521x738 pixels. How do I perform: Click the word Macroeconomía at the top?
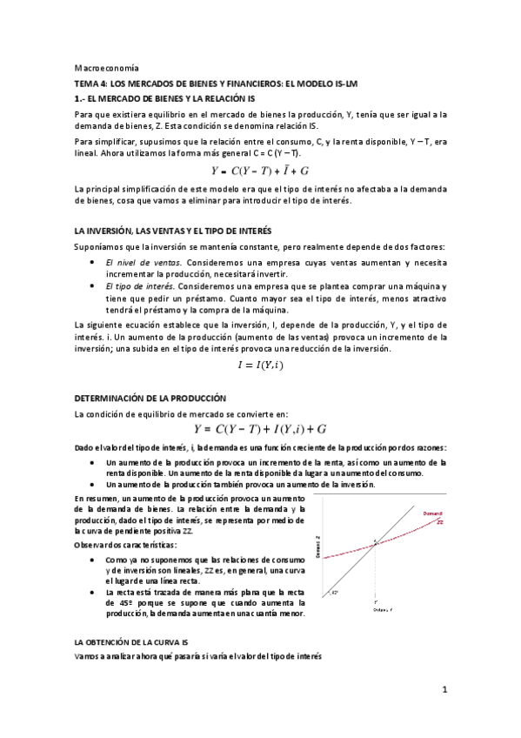tap(100, 67)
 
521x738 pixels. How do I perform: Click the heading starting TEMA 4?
tap(216, 84)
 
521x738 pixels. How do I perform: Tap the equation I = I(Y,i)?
tap(260, 366)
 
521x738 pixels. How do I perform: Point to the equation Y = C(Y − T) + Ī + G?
tap(260, 171)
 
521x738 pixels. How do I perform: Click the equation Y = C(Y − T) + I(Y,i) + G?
tap(260, 428)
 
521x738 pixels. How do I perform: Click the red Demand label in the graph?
tap(433, 513)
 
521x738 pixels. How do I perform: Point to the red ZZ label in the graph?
tap(440, 523)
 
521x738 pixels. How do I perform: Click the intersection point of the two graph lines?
tap(375, 543)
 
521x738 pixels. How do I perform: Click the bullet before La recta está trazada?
tap(93, 592)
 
